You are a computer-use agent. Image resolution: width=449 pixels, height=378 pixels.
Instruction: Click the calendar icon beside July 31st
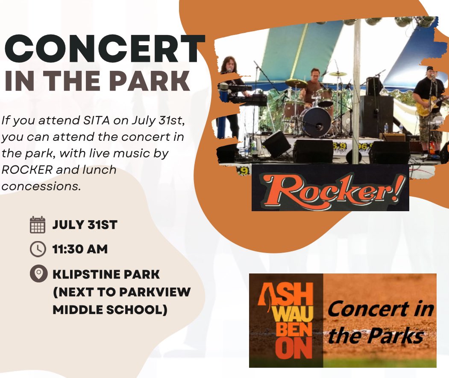click(38, 225)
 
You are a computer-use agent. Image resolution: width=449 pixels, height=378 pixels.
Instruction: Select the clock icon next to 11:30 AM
click(38, 249)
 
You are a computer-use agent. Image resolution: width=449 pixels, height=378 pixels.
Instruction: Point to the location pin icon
click(38, 274)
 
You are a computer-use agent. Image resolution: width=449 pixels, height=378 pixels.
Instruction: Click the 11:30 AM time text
click(80, 249)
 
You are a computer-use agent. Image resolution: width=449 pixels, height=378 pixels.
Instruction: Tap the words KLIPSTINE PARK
click(106, 274)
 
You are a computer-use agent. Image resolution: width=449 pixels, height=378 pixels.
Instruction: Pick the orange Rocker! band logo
click(330, 188)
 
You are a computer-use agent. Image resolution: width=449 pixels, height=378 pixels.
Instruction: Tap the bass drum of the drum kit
click(316, 122)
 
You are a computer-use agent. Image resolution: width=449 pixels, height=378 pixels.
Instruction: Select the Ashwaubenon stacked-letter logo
click(285, 320)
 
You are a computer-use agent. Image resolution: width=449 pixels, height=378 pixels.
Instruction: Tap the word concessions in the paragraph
click(41, 186)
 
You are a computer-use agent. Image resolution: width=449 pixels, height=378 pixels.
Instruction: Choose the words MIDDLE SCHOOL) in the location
click(109, 310)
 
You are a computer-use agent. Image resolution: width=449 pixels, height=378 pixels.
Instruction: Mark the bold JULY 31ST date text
click(85, 225)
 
